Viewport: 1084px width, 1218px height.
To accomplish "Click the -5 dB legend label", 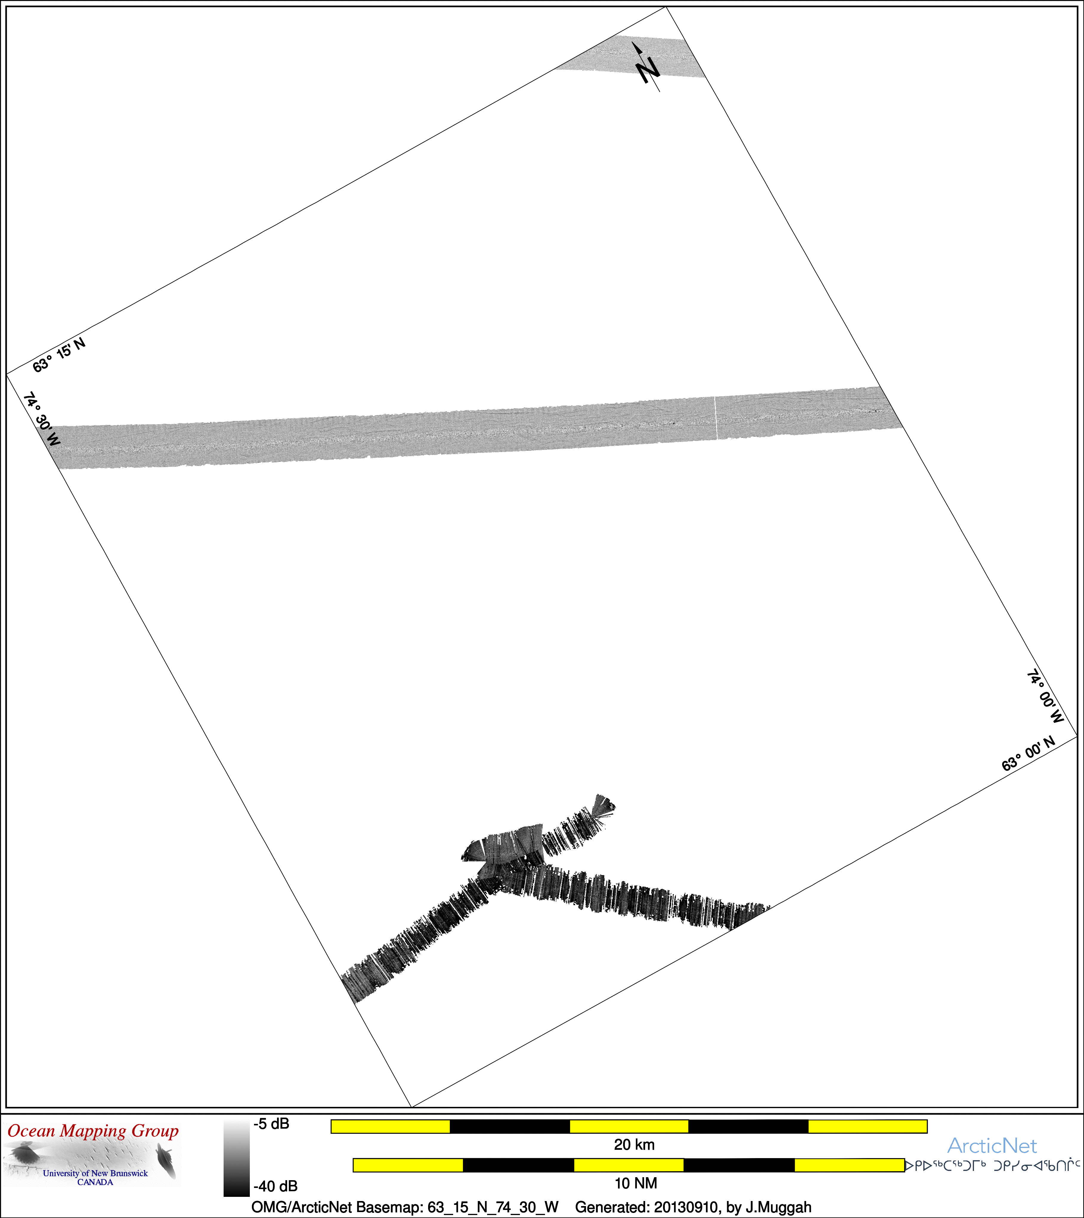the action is tap(271, 1124).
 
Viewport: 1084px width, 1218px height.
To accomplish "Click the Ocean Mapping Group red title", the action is tap(93, 1131).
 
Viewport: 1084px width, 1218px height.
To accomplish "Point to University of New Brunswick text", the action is tap(95, 1173).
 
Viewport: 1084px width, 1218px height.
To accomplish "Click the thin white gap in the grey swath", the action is tap(716, 418).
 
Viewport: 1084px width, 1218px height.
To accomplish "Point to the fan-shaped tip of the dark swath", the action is tap(602, 806).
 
